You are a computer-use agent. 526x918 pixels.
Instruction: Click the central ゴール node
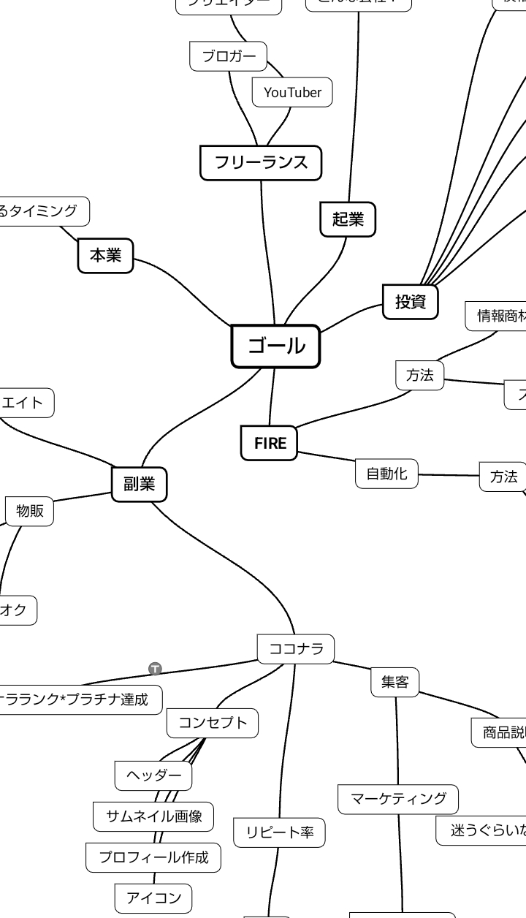(275, 346)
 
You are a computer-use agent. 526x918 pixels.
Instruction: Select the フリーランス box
(261, 162)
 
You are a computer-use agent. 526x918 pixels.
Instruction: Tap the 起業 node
(348, 219)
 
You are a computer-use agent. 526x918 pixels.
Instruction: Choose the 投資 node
(411, 301)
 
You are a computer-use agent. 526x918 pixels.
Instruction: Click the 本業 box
(105, 255)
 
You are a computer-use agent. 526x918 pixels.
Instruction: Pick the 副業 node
(139, 484)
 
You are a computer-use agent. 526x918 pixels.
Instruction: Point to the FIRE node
(270, 443)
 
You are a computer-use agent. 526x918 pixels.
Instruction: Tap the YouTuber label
(292, 92)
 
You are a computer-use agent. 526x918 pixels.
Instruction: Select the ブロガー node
(229, 56)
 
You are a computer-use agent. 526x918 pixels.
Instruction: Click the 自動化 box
(386, 473)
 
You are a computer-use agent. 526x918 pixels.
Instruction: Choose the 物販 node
(30, 511)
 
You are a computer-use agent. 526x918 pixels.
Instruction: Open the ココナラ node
(296, 648)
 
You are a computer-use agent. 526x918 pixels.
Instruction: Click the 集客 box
(394, 682)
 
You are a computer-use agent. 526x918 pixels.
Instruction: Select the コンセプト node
(213, 723)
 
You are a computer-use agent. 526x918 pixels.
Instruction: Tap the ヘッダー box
(153, 775)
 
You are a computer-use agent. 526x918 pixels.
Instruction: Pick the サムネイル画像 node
(153, 816)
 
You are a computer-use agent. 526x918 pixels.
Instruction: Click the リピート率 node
(280, 832)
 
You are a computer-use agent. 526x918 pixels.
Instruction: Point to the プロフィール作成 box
(153, 857)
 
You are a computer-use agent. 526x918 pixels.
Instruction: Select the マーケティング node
(398, 799)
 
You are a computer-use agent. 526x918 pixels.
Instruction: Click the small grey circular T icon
(155, 668)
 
